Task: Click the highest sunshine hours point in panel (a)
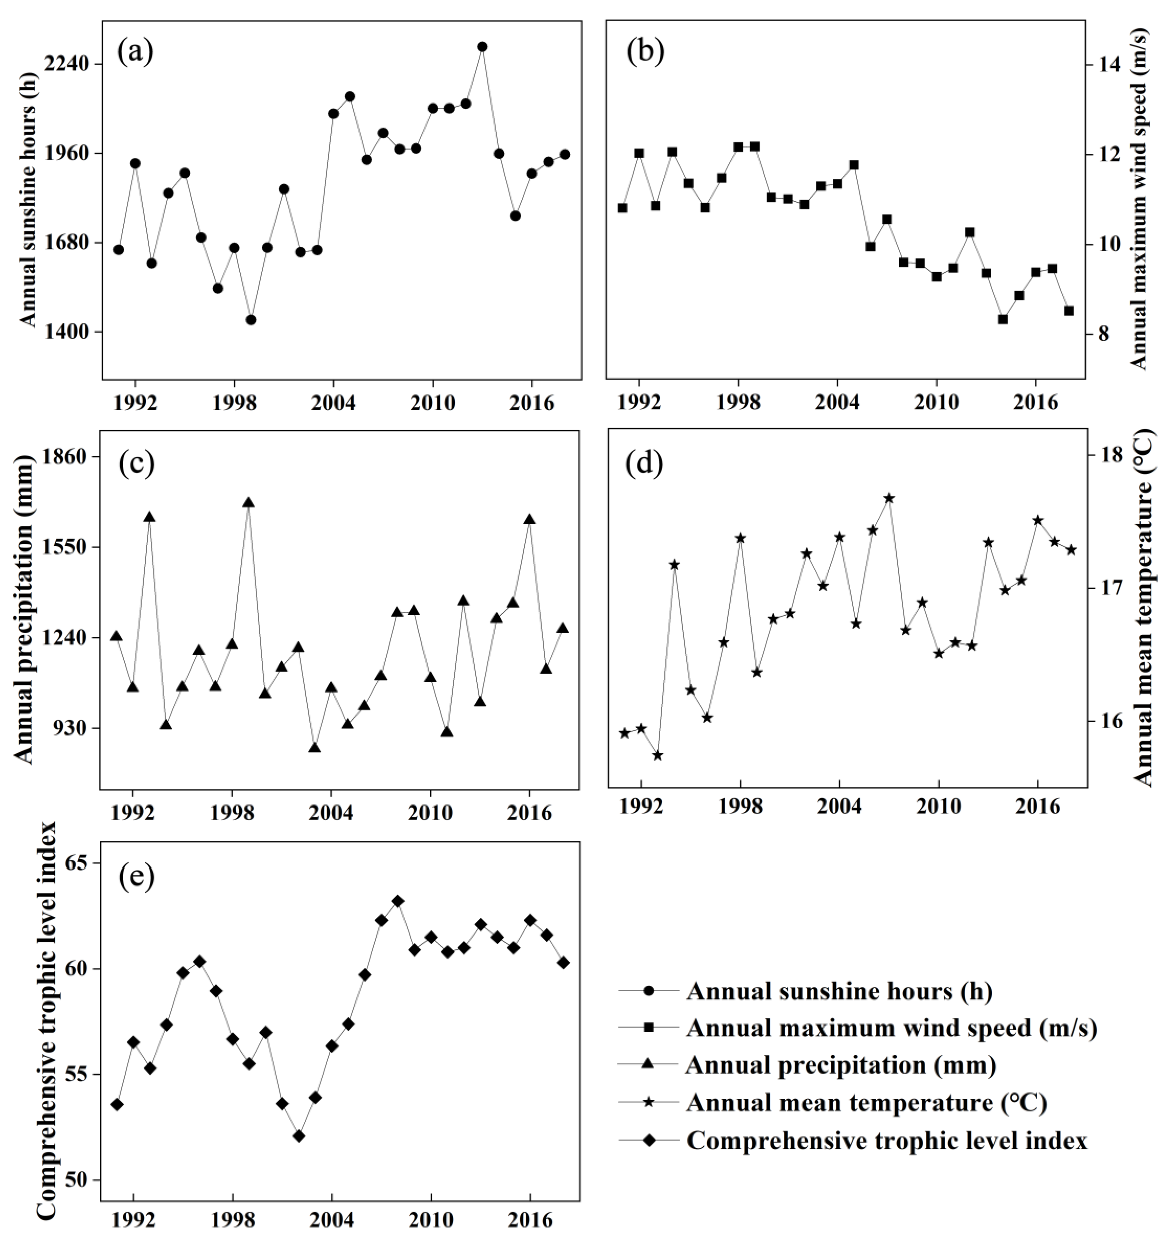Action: (482, 47)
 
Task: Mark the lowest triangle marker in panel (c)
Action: (315, 747)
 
